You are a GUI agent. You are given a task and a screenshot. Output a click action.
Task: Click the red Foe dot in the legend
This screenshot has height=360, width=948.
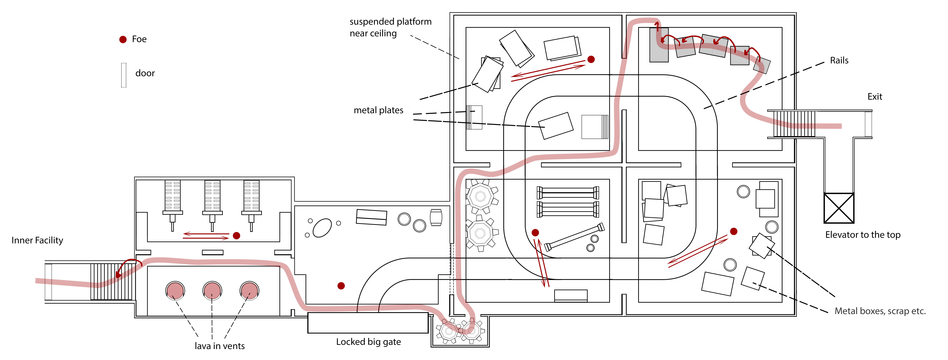tap(123, 39)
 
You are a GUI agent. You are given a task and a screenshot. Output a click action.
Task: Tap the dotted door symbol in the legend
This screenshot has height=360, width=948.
tap(124, 75)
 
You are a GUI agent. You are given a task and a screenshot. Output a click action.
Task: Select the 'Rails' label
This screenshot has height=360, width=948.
tap(839, 60)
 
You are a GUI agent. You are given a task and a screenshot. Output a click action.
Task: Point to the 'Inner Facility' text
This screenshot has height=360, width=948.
tap(37, 240)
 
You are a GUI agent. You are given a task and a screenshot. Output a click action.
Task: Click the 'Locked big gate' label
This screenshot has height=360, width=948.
tap(368, 342)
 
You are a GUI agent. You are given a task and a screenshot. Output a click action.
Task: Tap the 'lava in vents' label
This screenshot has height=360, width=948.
tap(220, 346)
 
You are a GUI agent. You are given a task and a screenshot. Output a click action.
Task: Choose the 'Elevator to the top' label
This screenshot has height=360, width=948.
tap(863, 235)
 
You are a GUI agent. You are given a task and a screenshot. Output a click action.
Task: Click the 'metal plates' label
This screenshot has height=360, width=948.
tap(378, 110)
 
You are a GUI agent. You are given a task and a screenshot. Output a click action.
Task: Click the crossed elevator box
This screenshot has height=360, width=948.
tap(839, 208)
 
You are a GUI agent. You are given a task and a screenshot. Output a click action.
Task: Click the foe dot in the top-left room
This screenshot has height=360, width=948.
tap(591, 59)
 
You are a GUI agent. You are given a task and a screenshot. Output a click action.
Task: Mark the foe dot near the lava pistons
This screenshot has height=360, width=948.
tap(237, 236)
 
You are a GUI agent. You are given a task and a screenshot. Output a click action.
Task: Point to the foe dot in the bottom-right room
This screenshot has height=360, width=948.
tap(734, 231)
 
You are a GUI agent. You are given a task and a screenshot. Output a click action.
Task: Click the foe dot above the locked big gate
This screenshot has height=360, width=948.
tap(341, 286)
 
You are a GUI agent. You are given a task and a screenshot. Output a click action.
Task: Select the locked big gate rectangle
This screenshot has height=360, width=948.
tap(368, 323)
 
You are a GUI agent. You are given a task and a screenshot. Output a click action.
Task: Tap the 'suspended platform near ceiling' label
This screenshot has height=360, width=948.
tap(390, 28)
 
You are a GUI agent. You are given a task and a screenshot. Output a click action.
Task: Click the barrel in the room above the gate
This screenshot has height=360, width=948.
tap(436, 218)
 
